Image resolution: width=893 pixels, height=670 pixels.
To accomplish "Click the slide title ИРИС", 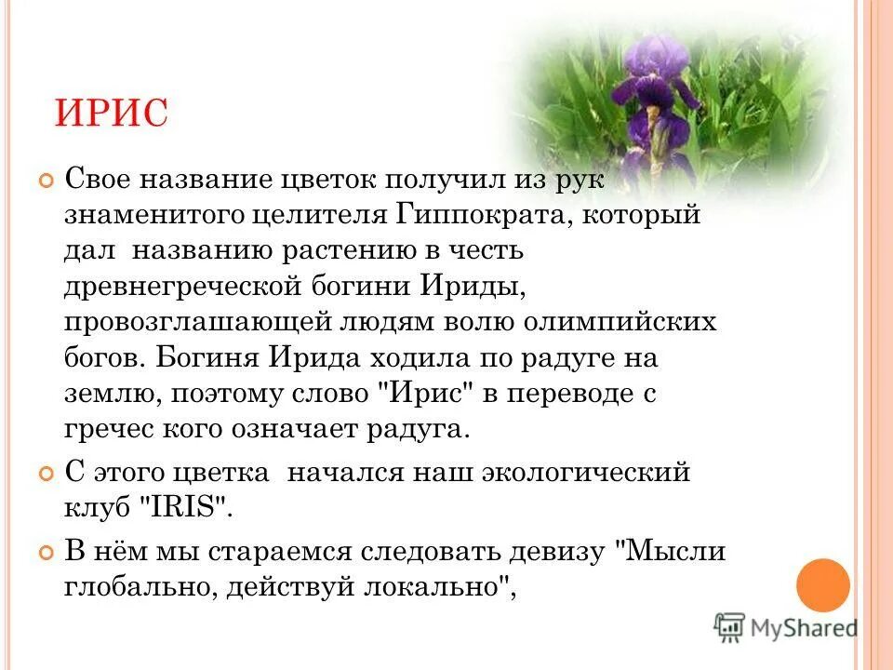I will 111,113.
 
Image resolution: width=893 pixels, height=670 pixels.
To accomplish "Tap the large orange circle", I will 823,585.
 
